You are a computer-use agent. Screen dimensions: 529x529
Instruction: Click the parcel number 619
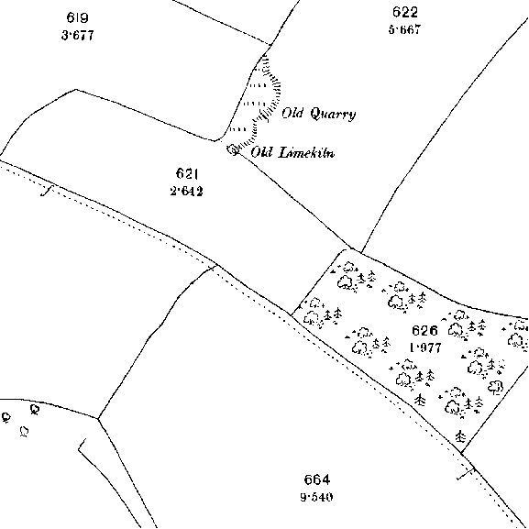pyautogui.click(x=78, y=17)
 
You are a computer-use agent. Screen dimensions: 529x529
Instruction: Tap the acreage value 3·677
pyautogui.click(x=78, y=35)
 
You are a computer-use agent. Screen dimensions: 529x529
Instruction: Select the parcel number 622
pyautogui.click(x=405, y=12)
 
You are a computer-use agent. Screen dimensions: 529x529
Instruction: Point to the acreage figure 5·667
pyautogui.click(x=405, y=29)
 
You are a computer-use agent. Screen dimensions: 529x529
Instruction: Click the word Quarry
pyautogui.click(x=333, y=114)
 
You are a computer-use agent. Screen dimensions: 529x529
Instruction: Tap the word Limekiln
pyautogui.click(x=306, y=152)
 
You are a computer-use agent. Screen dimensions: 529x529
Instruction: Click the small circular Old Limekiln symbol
pyautogui.click(x=233, y=149)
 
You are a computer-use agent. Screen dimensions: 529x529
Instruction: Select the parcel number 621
pyautogui.click(x=186, y=174)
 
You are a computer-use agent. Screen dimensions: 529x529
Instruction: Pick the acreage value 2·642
pyautogui.click(x=186, y=192)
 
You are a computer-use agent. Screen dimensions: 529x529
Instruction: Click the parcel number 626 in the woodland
pyautogui.click(x=424, y=331)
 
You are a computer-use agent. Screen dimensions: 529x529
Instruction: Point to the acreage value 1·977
pyautogui.click(x=425, y=347)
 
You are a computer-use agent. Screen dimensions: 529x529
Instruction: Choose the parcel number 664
pyautogui.click(x=317, y=479)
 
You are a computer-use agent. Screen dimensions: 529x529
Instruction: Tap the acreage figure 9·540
pyautogui.click(x=316, y=497)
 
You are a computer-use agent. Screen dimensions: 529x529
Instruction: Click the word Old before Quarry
pyautogui.click(x=292, y=113)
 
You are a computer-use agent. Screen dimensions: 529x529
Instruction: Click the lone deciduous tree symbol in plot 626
pyautogui.click(x=496, y=387)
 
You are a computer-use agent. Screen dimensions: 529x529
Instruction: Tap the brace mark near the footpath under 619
pyautogui.click(x=48, y=191)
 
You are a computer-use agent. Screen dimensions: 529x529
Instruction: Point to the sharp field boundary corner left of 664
pyautogui.click(x=98, y=419)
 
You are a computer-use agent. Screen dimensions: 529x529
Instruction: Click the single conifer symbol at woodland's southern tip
pyautogui.click(x=460, y=436)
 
